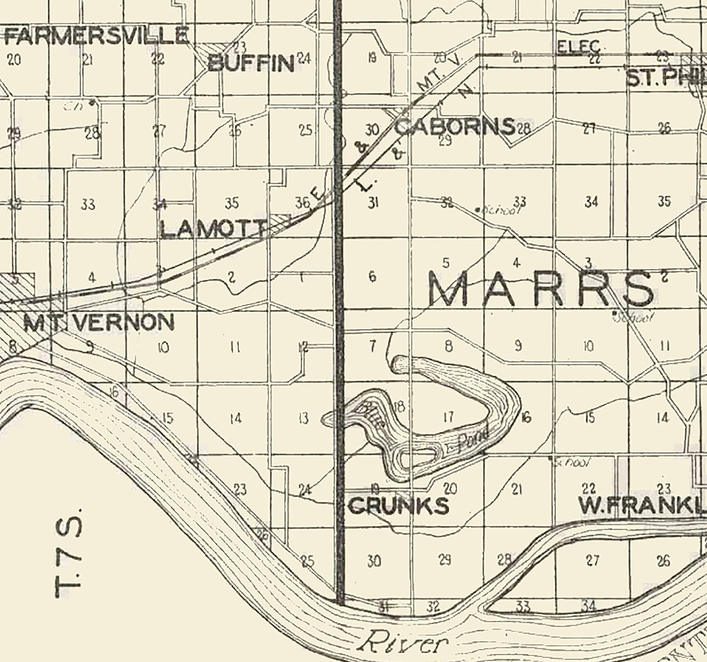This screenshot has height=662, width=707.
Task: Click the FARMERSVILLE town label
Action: [x=96, y=36]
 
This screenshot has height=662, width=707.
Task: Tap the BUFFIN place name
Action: [x=251, y=62]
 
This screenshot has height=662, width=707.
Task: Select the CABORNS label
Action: [x=455, y=126]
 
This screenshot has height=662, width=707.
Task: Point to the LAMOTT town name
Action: [x=213, y=229]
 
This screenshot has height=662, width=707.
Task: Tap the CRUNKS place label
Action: [x=398, y=505]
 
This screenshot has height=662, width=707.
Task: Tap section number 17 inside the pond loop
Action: [x=448, y=417]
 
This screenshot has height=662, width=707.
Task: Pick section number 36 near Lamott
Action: [x=302, y=203]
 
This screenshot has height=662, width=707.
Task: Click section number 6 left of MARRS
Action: [x=373, y=277]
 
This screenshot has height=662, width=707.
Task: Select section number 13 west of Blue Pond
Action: [x=303, y=418]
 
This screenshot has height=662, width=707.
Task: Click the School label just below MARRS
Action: [x=636, y=317]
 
